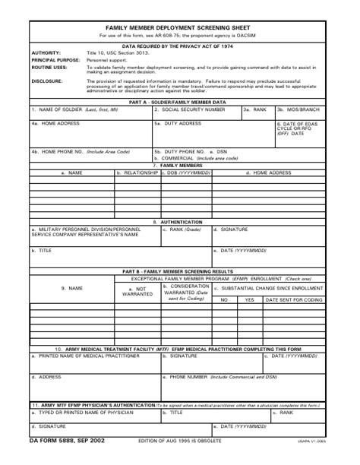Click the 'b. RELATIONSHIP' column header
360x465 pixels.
[137, 172]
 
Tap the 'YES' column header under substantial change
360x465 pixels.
[249, 300]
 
